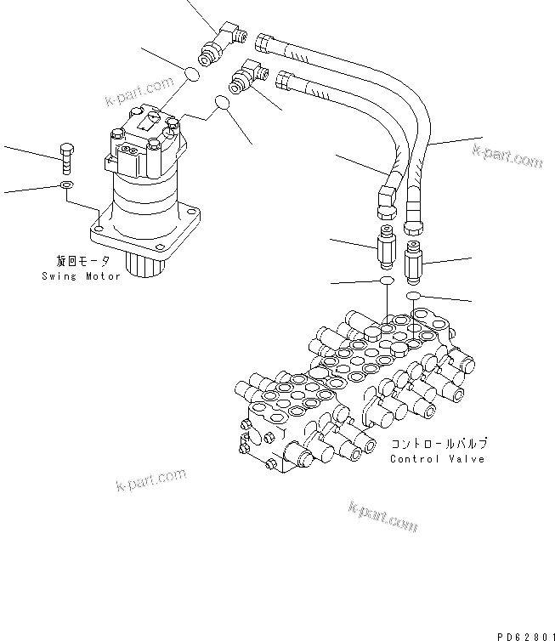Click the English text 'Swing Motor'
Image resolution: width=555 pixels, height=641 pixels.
pos(80,277)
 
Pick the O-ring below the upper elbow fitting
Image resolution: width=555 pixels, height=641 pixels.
pos(193,76)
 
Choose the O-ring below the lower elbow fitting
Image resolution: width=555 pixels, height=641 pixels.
pos(223,103)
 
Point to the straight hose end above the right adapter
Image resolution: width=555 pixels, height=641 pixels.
pos(415,214)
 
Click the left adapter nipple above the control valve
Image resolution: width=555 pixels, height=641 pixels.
pos(386,249)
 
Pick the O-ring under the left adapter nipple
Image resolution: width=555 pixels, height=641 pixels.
pos(386,281)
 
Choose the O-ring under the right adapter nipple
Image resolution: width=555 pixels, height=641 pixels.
pos(415,296)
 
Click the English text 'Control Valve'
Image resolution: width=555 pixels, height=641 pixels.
pos(437,459)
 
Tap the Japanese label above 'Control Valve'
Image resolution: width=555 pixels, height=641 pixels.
pos(439,444)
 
